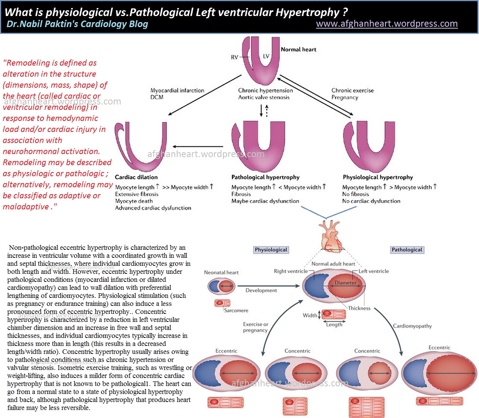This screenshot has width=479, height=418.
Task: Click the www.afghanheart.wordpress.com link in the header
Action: (x=387, y=24)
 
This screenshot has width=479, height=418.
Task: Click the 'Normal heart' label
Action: (x=298, y=49)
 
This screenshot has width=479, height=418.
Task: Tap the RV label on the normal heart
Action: (x=234, y=57)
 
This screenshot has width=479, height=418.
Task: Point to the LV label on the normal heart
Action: (x=266, y=56)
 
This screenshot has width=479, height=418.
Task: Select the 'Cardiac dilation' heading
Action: (x=136, y=177)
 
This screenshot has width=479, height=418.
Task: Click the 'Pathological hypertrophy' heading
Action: (x=265, y=177)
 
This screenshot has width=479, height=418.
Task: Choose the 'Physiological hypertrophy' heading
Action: (x=378, y=177)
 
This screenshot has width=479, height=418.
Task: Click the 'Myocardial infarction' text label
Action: (x=177, y=90)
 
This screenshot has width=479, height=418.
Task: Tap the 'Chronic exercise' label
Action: (x=352, y=90)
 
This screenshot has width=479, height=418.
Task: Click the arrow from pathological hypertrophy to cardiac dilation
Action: (x=198, y=146)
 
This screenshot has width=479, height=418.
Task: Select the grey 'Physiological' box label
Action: (x=271, y=250)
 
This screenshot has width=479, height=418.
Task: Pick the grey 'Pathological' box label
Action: (x=407, y=250)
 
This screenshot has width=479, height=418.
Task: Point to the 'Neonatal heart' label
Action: (x=221, y=272)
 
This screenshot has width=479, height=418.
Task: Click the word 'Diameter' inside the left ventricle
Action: (x=345, y=283)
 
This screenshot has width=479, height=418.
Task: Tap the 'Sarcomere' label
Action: (x=236, y=310)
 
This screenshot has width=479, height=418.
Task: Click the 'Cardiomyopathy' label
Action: (x=413, y=326)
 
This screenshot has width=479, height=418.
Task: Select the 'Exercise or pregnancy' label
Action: (x=256, y=327)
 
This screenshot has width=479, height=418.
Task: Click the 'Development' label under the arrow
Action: (x=261, y=290)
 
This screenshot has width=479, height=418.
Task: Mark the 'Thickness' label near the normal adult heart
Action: (x=359, y=308)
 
